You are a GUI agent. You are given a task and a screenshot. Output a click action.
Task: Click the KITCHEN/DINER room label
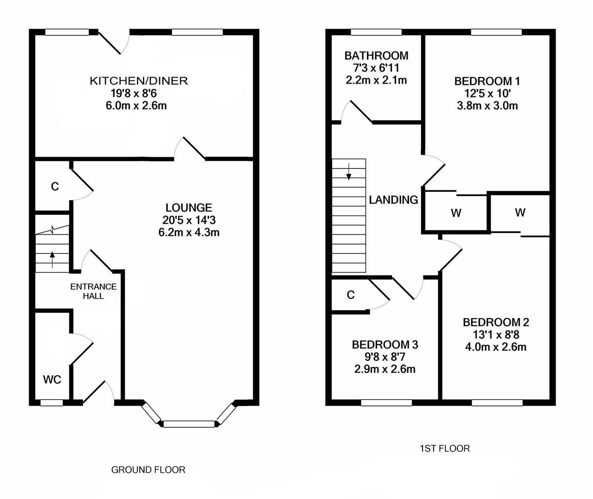tap(139, 81)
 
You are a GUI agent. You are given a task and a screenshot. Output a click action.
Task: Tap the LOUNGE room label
tap(189, 208)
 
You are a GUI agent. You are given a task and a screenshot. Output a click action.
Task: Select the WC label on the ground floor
tap(52, 380)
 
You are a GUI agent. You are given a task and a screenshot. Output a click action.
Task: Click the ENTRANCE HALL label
tap(93, 292)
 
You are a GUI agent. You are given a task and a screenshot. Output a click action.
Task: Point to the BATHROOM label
tap(376, 56)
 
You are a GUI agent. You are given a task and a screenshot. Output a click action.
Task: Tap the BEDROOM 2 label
tap(496, 323)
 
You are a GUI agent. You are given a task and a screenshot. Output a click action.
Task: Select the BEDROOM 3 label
tap(385, 345)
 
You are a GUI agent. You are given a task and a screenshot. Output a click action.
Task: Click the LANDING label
tap(393, 200)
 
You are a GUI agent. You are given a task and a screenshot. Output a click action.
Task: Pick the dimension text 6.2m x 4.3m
tap(189, 232)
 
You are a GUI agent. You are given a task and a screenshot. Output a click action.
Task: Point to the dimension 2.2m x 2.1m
tap(376, 80)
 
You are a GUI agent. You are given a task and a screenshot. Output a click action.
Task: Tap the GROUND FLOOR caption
tap(148, 470)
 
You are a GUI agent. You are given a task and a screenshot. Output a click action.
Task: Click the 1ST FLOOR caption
tap(445, 448)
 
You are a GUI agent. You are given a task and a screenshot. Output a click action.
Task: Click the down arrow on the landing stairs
tap(348, 172)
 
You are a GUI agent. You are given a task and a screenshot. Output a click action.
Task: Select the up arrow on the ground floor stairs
tap(52, 260)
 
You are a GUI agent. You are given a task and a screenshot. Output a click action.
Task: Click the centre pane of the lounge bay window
tap(189, 423)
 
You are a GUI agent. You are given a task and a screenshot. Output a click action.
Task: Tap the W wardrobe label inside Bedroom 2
tap(520, 213)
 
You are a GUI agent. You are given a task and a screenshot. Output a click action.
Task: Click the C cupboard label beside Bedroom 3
tap(350, 295)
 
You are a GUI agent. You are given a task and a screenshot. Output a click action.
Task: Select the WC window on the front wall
tap(51, 402)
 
